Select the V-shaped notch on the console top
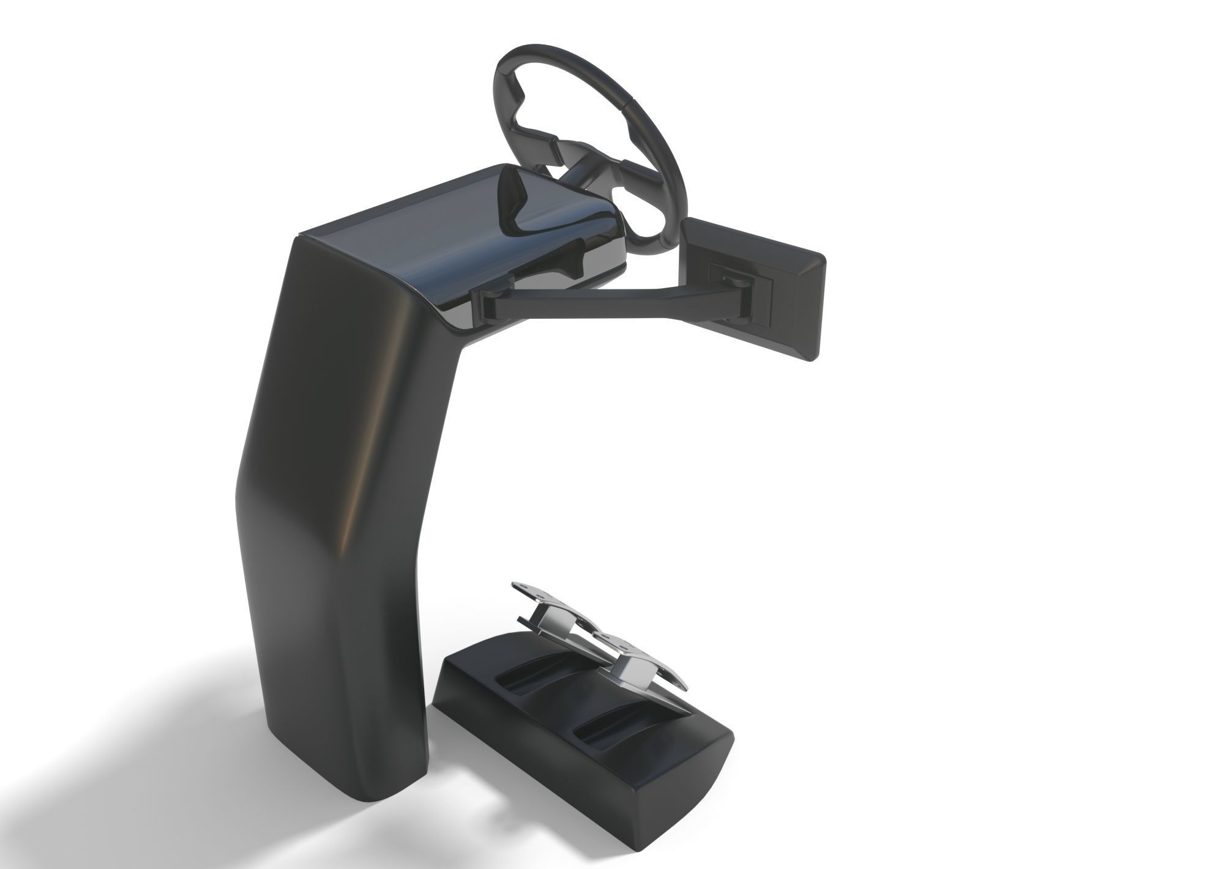click(x=514, y=202)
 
